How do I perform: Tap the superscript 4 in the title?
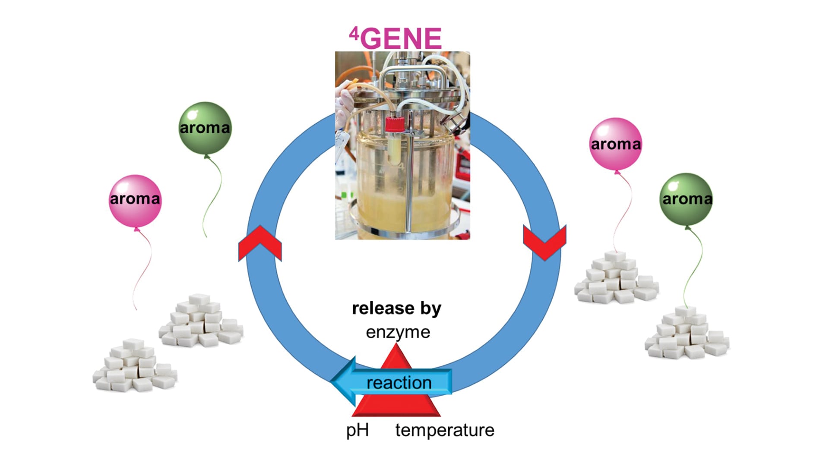coord(354,33)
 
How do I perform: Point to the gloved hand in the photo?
coord(345,104)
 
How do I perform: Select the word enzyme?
coord(398,332)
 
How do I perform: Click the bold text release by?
coord(396,308)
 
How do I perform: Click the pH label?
coord(358,430)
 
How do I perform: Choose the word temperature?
coord(445,430)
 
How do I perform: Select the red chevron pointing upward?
coord(260,243)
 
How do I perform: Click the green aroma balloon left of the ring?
coord(205,128)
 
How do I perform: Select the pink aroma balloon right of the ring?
coord(615,144)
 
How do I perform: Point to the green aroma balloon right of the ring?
coord(686,199)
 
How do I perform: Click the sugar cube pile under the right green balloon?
coord(687,334)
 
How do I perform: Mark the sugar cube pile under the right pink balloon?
coord(616,278)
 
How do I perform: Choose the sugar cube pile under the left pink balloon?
coord(135,367)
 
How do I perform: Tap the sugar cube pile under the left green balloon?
coord(201,321)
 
